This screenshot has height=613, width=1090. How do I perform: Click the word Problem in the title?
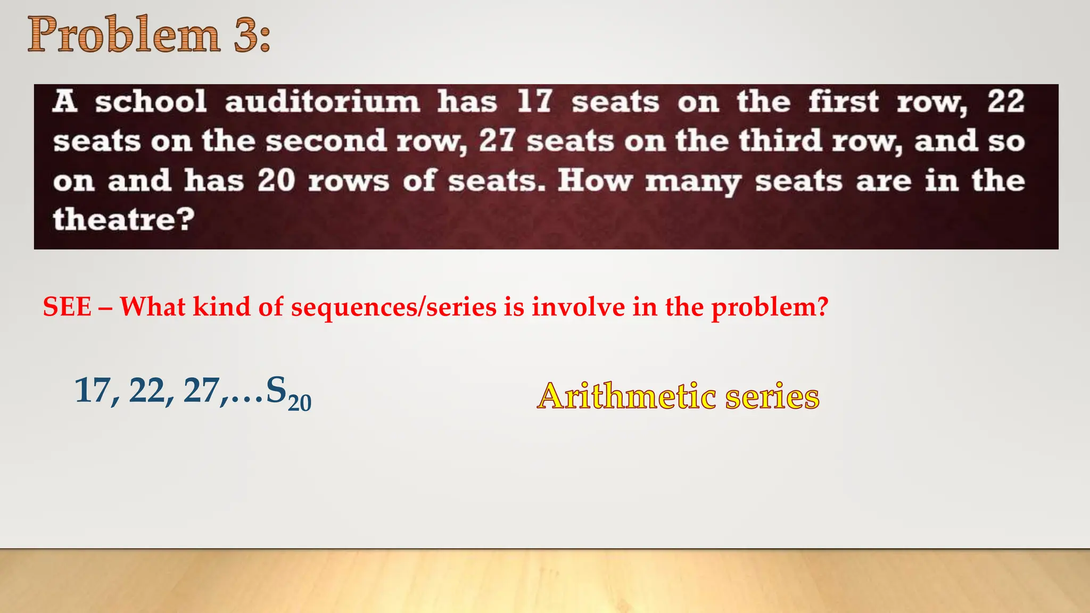point(123,35)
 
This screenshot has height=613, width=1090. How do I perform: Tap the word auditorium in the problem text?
point(322,102)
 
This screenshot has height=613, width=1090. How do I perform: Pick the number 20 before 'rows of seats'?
point(276,180)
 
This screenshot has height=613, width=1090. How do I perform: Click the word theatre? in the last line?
point(123,219)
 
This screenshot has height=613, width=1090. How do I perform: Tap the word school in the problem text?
point(151,102)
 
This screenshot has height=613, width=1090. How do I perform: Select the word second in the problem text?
point(326,141)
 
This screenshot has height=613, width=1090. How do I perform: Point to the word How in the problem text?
point(594,180)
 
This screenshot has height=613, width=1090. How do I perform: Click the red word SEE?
point(67,307)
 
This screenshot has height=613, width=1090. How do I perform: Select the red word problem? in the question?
point(770,308)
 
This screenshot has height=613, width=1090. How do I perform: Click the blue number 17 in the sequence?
point(92,391)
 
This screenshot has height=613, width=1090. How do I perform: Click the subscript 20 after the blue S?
point(300,402)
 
